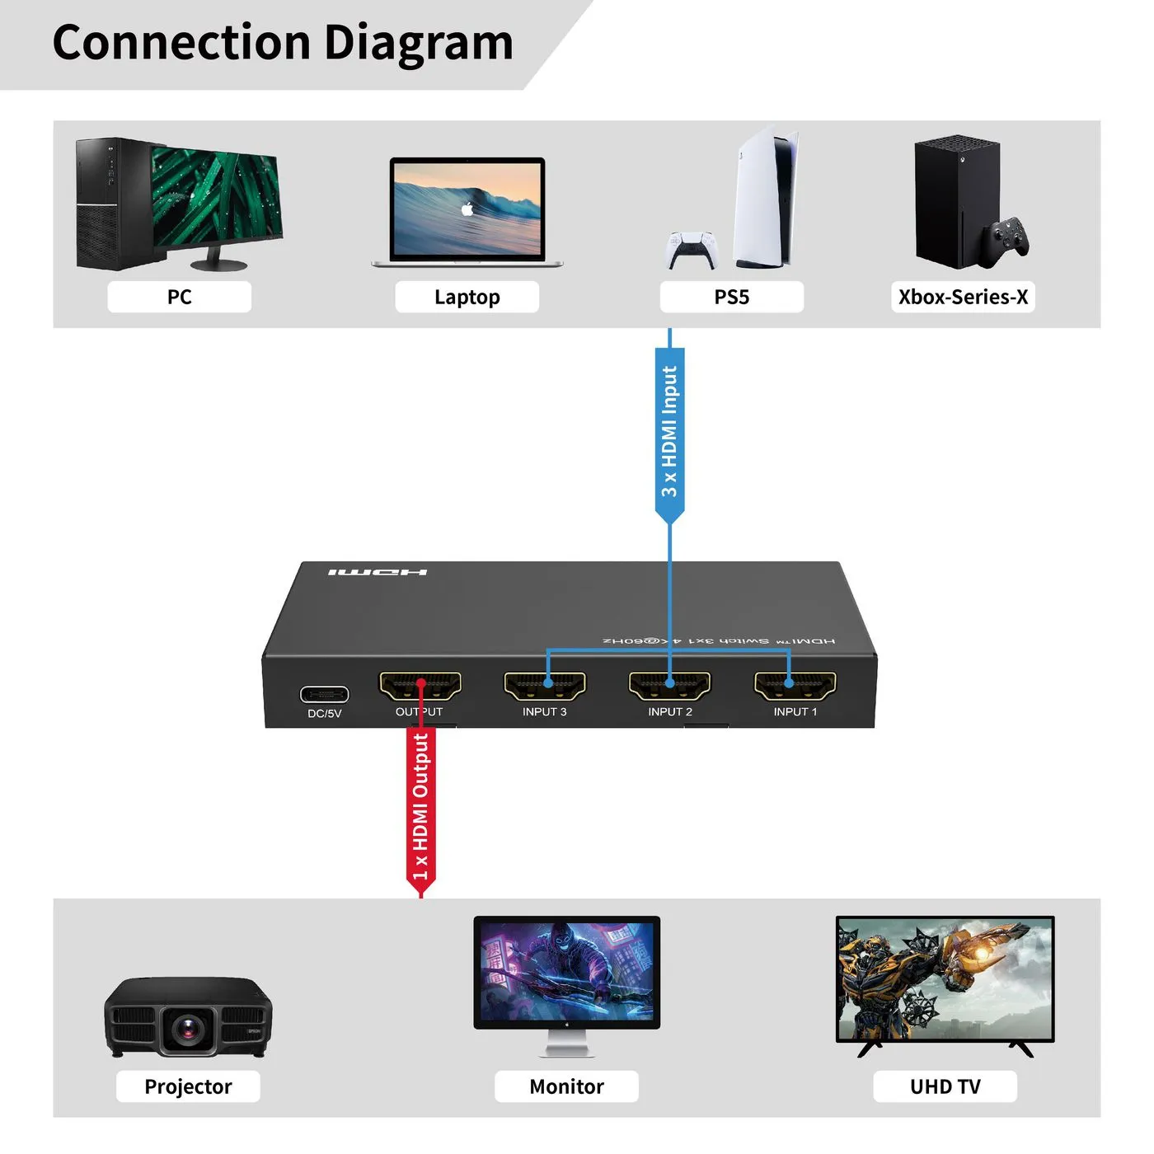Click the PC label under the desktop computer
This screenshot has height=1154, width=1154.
179,297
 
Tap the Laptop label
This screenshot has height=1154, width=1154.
467,297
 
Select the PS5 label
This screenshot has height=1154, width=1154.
731,297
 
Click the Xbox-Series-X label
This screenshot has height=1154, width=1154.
963,297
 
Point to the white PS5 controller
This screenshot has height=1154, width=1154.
692,249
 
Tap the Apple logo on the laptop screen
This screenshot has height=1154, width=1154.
467,209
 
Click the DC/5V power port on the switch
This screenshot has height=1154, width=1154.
324,694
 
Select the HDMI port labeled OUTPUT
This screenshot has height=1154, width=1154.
420,685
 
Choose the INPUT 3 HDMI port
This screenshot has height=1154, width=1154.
545,685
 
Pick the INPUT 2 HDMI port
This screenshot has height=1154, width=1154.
670,685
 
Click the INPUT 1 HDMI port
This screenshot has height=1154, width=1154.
795,685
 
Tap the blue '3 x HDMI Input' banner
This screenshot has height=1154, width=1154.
669,433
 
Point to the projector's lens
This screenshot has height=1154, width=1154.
189,1028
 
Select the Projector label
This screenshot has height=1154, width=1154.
188,1086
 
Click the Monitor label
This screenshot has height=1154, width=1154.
566,1086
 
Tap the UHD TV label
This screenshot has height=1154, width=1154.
945,1086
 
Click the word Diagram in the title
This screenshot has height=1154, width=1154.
418,43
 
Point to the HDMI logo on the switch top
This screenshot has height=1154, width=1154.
378,572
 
